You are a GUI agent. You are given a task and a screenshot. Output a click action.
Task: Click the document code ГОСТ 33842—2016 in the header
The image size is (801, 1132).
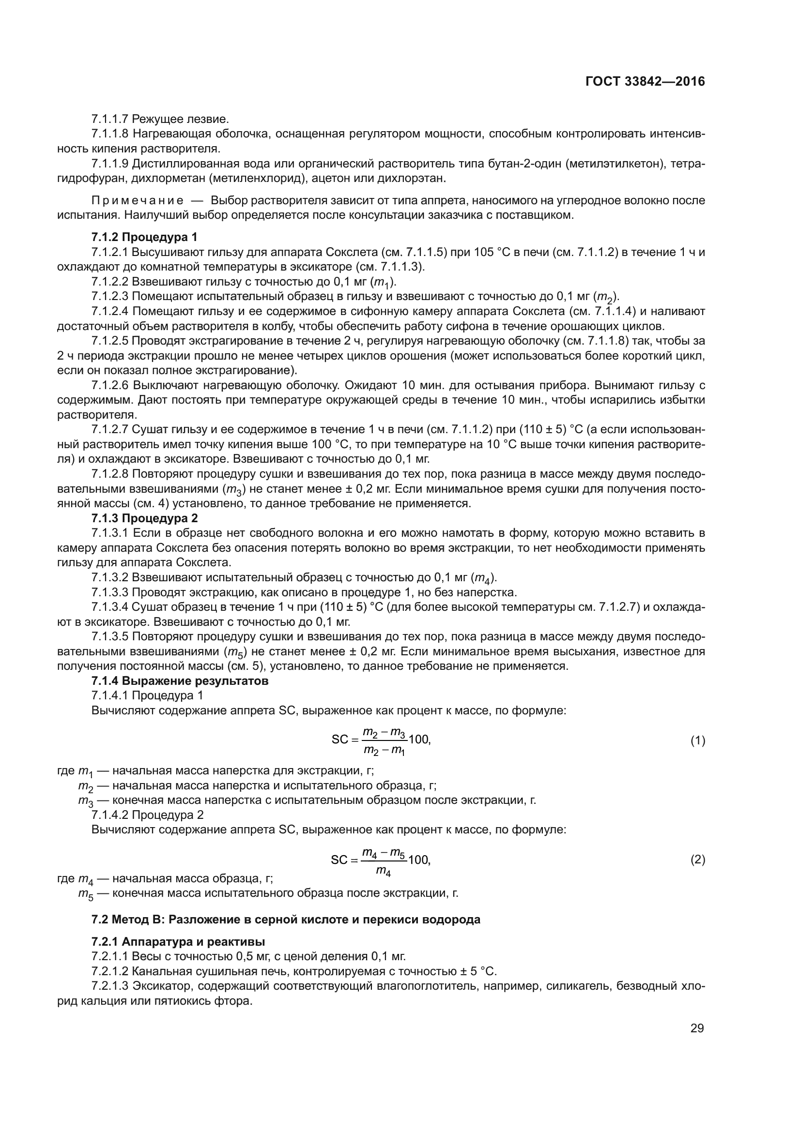tap(645, 82)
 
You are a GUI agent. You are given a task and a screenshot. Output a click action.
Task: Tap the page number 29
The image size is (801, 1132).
tap(697, 1028)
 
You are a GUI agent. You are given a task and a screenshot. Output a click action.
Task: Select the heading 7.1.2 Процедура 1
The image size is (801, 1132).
tap(144, 237)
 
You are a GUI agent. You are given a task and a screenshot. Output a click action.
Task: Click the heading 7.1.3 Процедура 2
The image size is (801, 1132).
tap(144, 518)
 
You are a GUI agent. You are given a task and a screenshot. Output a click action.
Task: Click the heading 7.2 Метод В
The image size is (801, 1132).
tap(286, 920)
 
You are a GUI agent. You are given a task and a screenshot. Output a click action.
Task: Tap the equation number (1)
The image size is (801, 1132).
tap(697, 740)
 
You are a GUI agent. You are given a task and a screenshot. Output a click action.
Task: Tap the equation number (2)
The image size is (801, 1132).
tap(697, 860)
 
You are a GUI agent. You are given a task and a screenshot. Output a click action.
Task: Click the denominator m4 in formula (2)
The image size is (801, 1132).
tap(383, 872)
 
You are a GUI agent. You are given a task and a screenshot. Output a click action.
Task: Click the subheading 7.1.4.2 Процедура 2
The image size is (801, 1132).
tap(147, 815)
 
